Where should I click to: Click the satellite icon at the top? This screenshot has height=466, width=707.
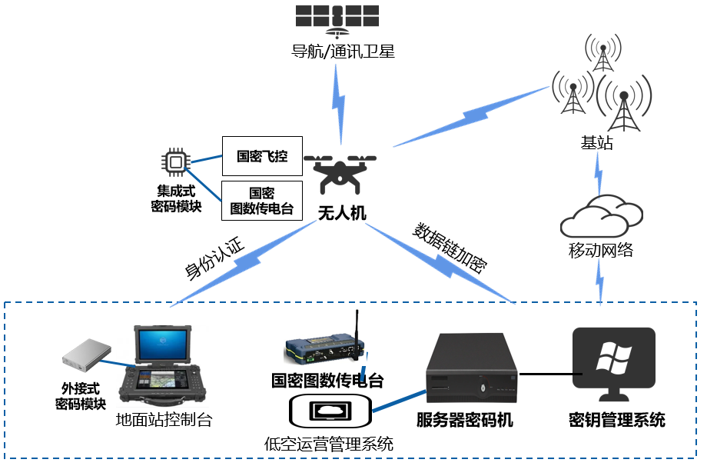[x=337, y=19]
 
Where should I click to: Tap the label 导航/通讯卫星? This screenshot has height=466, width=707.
[x=342, y=52]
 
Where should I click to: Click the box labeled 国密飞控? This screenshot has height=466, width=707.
[x=262, y=156]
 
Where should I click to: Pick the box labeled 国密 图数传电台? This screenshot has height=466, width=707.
[x=262, y=201]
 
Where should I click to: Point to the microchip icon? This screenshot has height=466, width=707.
[x=176, y=161]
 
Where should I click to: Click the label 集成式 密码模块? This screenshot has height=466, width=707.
[x=176, y=198]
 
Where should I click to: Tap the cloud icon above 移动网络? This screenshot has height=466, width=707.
[x=600, y=216]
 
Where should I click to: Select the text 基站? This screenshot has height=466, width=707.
[x=597, y=143]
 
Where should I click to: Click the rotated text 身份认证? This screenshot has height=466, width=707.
[x=214, y=259]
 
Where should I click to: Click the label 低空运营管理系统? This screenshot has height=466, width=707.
[x=329, y=444]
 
